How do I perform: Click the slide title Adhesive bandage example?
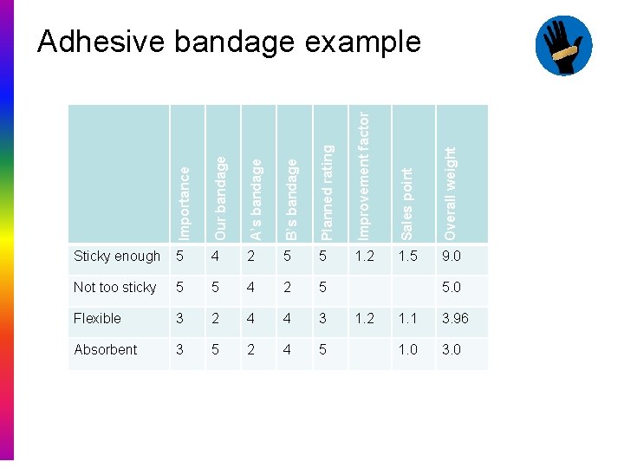tap(229, 41)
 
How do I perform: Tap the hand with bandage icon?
tap(563, 46)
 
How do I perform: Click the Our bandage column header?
tap(220, 198)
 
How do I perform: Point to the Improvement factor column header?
tap(364, 173)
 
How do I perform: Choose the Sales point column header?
tap(407, 204)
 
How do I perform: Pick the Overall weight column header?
tap(449, 192)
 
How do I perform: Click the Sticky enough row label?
tap(117, 256)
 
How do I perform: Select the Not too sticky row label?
tap(115, 287)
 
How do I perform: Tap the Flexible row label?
tap(98, 318)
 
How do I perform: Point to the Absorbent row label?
tap(106, 349)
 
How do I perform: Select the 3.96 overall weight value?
tap(455, 318)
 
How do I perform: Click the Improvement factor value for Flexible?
tap(365, 318)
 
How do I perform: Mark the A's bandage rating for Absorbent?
tap(251, 349)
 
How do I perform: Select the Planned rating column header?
tap(327, 192)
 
